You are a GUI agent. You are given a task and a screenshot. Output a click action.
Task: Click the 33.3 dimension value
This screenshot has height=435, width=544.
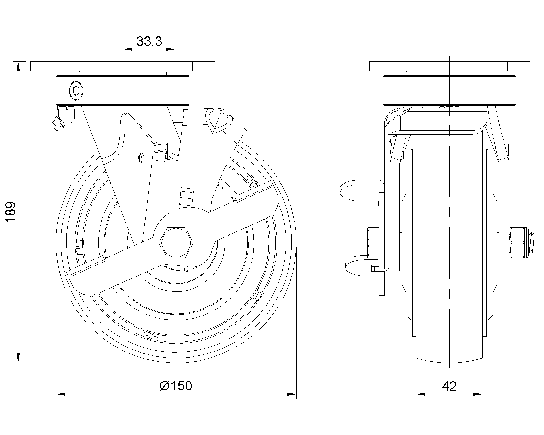click(149, 41)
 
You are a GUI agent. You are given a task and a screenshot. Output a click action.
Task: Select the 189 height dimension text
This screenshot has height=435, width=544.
click(11, 212)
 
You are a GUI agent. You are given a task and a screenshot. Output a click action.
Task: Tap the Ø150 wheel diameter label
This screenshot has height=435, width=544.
click(176, 386)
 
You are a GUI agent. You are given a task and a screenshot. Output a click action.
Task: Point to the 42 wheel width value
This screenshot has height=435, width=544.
click(449, 386)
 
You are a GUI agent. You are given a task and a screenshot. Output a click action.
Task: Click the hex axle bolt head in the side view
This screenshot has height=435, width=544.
click(176, 243)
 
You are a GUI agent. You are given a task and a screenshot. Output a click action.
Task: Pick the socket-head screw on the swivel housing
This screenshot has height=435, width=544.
click(76, 90)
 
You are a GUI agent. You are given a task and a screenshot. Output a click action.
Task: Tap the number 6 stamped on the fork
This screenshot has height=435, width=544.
click(141, 158)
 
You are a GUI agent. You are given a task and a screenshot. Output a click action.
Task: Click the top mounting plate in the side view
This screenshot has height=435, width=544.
click(449, 66)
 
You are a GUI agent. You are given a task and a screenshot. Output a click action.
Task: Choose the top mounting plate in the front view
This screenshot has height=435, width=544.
click(123, 66)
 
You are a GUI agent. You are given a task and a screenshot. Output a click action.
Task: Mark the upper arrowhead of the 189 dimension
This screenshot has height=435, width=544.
click(18, 67)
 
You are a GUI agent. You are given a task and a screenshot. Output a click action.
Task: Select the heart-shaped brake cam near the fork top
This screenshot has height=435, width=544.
click(219, 121)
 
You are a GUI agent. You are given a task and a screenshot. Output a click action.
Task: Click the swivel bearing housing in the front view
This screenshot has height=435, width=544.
click(123, 90)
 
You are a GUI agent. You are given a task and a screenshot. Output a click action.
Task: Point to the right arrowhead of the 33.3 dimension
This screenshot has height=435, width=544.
click(171, 49)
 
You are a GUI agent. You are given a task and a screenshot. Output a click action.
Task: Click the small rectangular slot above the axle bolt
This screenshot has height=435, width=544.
click(187, 196)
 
